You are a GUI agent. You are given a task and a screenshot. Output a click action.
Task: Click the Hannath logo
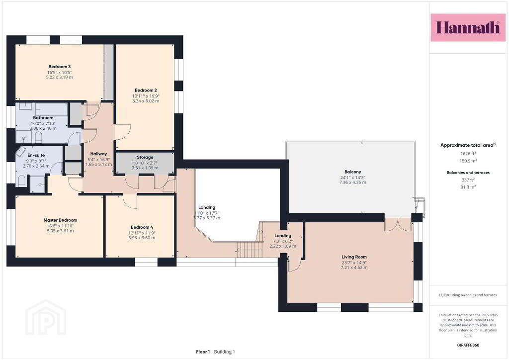pyautogui.click(x=468, y=27)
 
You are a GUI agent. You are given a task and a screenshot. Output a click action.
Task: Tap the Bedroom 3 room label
pyautogui.click(x=60, y=67)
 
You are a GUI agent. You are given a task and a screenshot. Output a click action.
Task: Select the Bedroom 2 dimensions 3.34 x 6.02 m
pyautogui.click(x=146, y=101)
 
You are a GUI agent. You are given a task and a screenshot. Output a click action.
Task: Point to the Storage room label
pyautogui.click(x=145, y=157)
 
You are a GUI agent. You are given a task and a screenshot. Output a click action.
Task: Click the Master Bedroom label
pyautogui.click(x=60, y=220)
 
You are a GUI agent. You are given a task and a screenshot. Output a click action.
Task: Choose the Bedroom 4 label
pyautogui.click(x=142, y=227)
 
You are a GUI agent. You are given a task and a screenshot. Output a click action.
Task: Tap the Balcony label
pyautogui.click(x=352, y=172)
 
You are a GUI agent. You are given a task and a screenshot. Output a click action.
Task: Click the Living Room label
pyautogui.click(x=354, y=257)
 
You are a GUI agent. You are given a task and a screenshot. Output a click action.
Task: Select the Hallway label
pyautogui.click(x=98, y=154)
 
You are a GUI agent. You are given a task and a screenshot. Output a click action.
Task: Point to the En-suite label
pyautogui.click(x=36, y=155)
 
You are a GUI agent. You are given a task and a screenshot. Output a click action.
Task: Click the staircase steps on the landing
pyautogui.click(x=250, y=250)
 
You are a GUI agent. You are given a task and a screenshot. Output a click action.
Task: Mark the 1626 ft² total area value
pyautogui.click(x=468, y=154)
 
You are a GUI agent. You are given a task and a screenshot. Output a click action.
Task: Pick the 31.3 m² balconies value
pyautogui.click(x=468, y=187)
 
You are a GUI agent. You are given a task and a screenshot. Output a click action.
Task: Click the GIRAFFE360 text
pyautogui.click(x=468, y=345)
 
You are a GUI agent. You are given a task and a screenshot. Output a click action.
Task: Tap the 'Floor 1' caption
pyautogui.click(x=203, y=352)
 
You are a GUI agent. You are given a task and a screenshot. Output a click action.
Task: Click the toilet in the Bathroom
pyautogui.click(x=38, y=137)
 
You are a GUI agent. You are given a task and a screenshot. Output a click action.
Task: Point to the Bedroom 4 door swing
pyautogui.click(x=130, y=201)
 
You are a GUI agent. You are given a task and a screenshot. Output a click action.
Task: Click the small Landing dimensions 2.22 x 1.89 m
pyautogui.click(x=283, y=246)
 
